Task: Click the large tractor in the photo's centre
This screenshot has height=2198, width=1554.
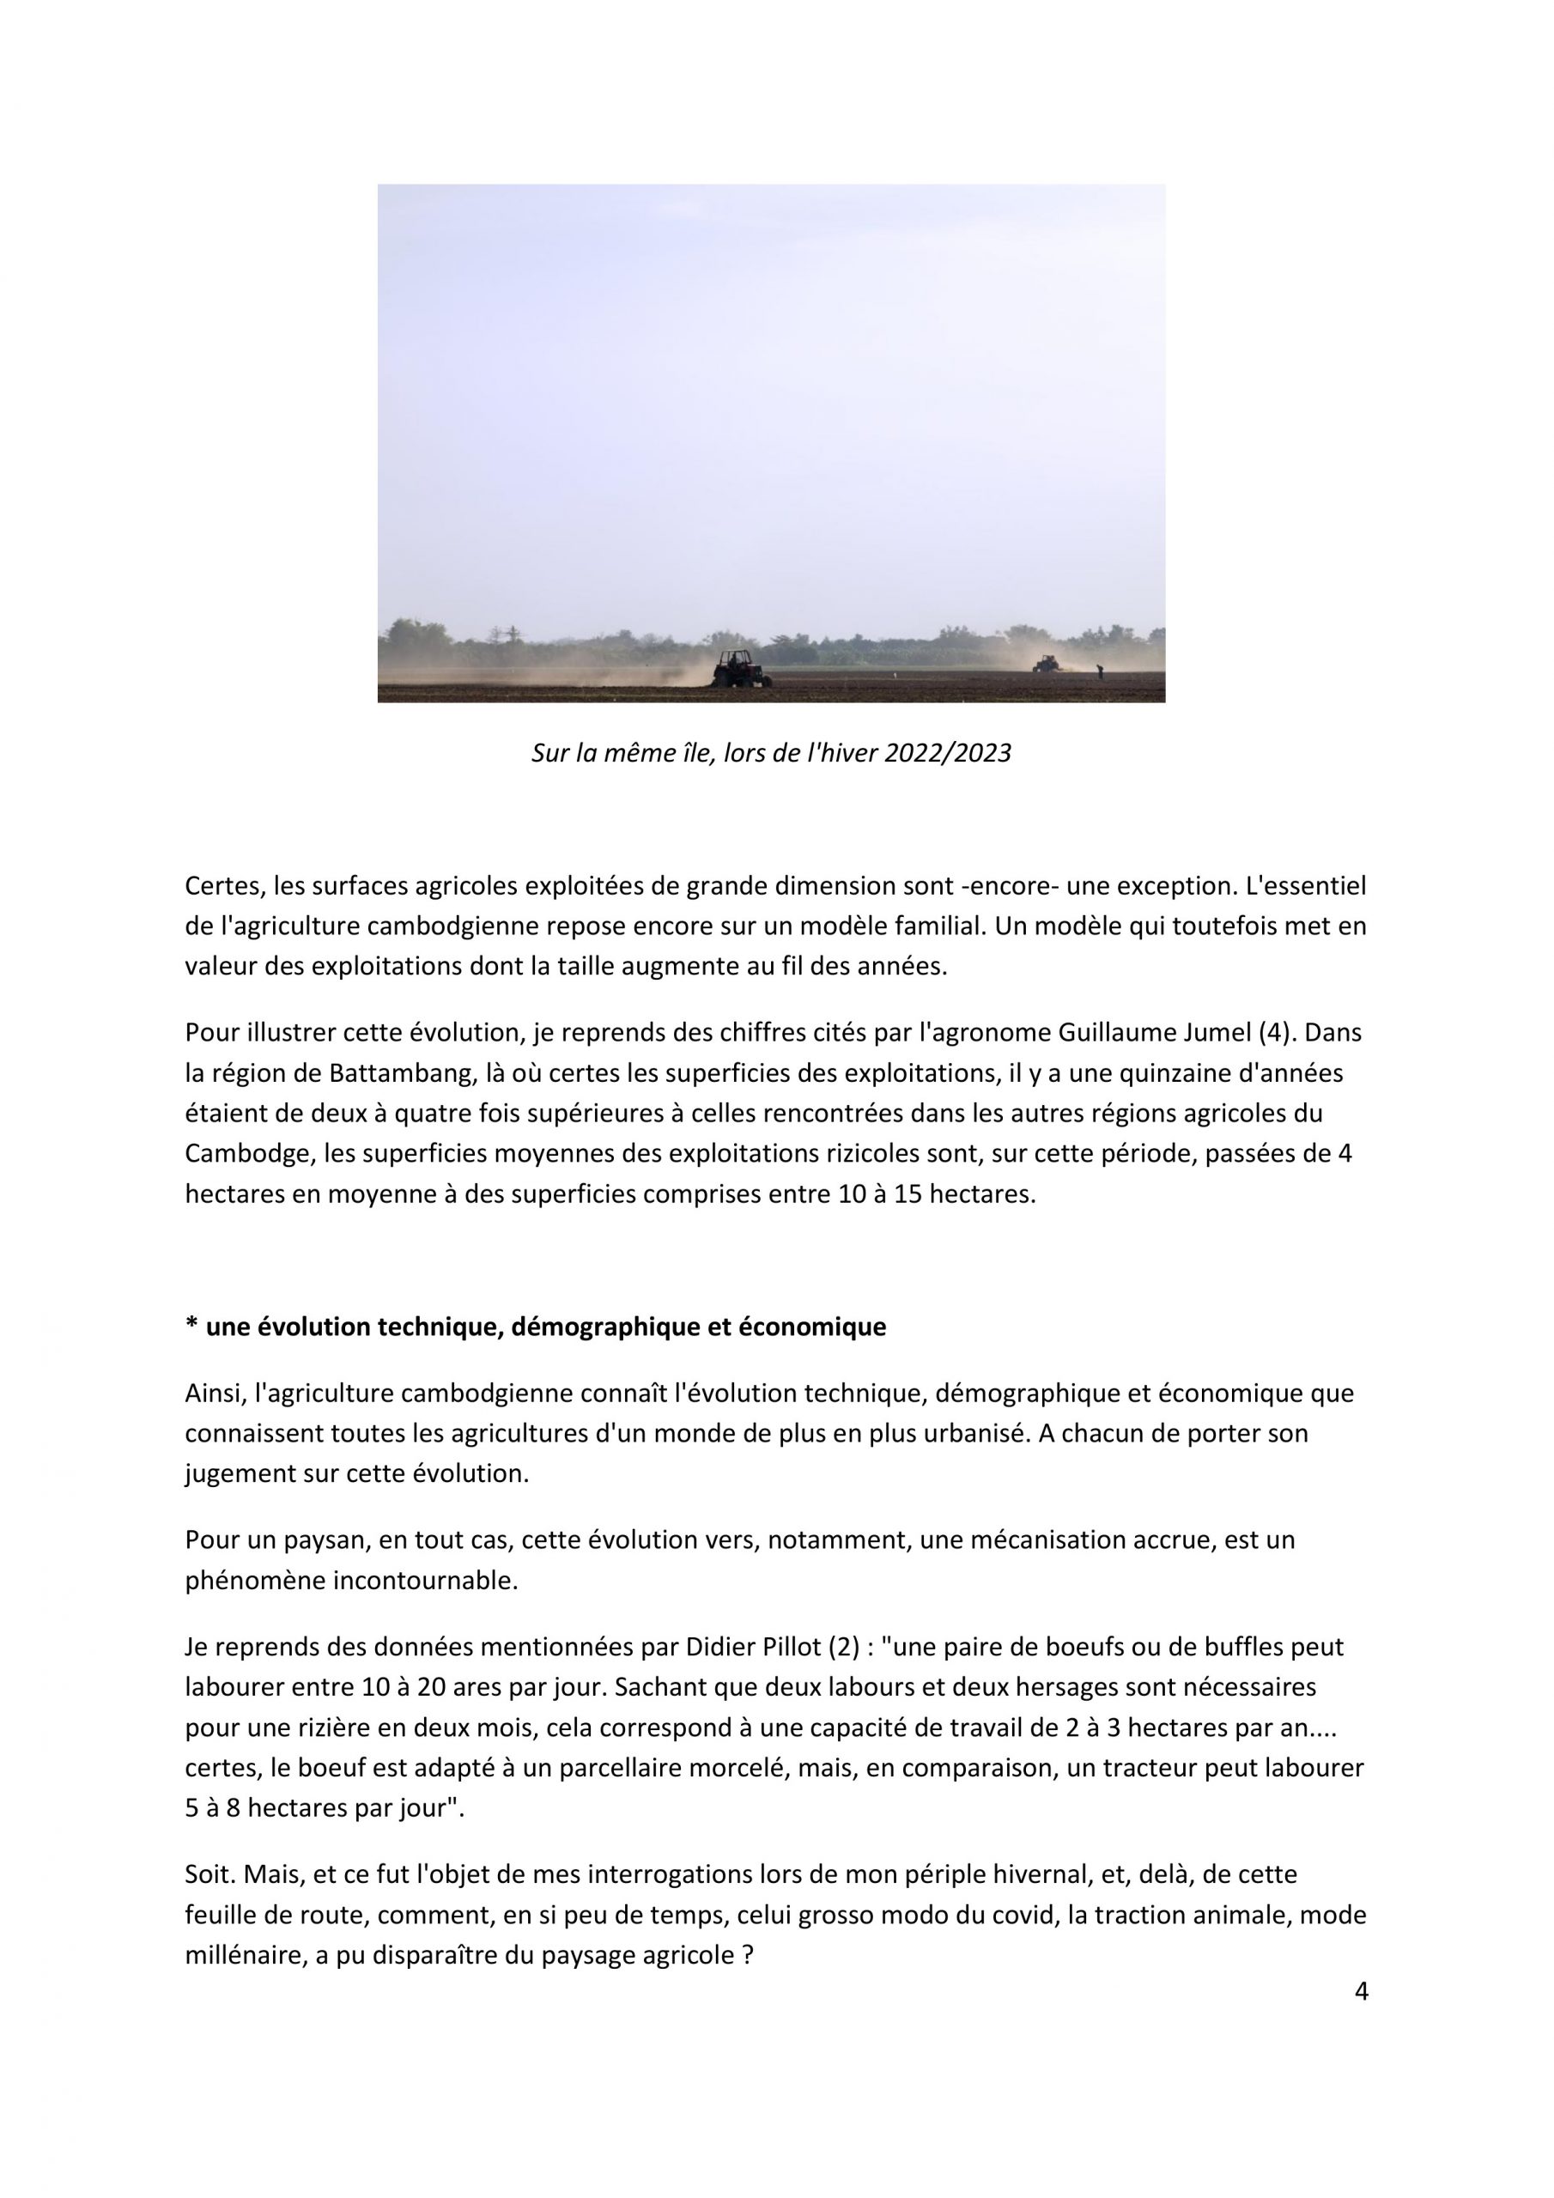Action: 740,669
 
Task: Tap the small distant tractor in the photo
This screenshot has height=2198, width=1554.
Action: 1046,663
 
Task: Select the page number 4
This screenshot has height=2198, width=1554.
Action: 1362,1992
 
